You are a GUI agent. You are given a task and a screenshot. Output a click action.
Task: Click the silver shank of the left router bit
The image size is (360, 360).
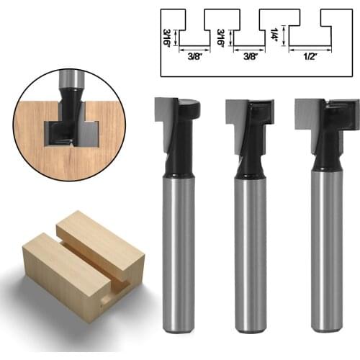tap(179, 252)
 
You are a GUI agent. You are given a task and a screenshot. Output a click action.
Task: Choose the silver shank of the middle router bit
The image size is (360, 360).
tap(250, 252)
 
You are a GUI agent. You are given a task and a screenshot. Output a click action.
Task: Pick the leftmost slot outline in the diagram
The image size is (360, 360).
tap(194, 32)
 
